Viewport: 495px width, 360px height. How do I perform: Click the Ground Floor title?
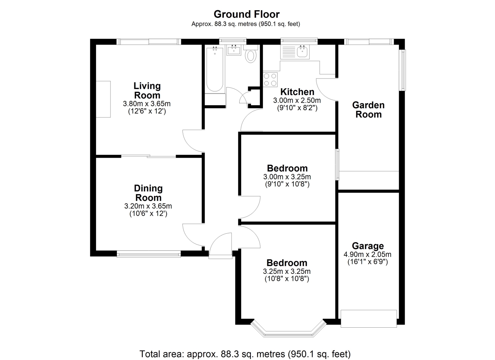click(247, 15)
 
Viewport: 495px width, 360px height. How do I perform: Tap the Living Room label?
click(147, 91)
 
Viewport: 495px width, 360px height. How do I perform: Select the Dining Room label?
click(148, 193)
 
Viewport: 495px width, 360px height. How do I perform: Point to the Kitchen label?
click(297, 92)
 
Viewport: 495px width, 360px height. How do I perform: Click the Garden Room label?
click(368, 110)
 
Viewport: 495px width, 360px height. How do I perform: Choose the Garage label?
click(368, 246)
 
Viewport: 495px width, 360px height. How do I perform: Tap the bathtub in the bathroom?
click(214, 69)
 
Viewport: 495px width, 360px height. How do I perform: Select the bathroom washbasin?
click(234, 50)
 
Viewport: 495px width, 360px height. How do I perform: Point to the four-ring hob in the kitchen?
click(270, 80)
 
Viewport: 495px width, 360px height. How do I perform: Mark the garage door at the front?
click(369, 319)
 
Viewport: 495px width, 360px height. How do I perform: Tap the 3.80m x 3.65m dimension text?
click(147, 104)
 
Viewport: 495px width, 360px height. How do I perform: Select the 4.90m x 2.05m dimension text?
click(367, 254)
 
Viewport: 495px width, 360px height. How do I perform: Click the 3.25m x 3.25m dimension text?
click(287, 271)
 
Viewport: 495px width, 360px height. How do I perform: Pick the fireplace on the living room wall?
click(103, 99)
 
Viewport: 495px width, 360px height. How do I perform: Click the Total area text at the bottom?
click(245, 354)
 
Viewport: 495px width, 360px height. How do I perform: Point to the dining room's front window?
click(149, 254)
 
